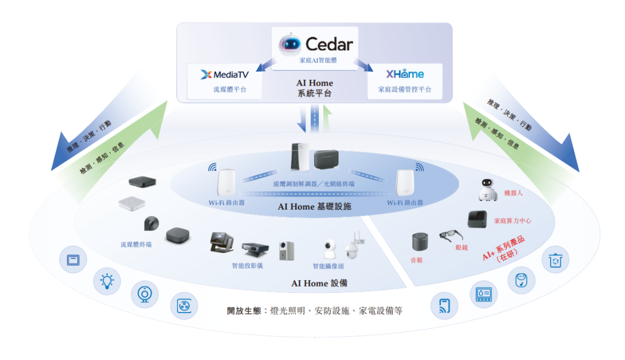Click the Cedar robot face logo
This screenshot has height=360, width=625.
(x=291, y=44)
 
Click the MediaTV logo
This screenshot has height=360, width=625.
(x=225, y=74)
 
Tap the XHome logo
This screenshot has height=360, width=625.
(x=405, y=74)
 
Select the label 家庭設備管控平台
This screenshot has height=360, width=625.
(x=405, y=90)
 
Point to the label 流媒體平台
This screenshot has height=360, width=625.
(x=225, y=90)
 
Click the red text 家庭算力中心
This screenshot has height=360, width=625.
(x=512, y=221)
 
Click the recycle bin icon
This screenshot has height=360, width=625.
(x=556, y=260)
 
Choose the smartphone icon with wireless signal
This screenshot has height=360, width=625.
(x=444, y=306)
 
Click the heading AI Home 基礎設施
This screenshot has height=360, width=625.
(x=314, y=207)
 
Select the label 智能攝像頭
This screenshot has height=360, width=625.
(x=328, y=266)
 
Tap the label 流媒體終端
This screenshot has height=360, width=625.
(x=137, y=244)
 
